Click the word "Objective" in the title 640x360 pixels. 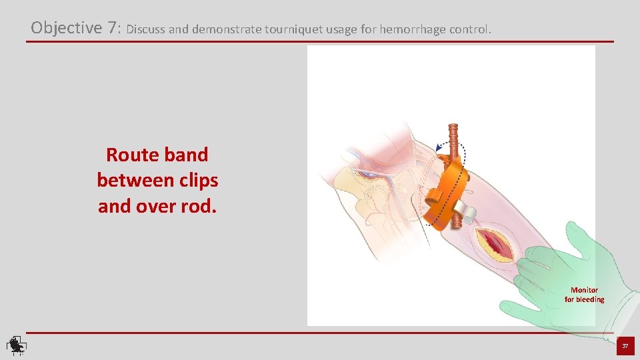coord(65,28)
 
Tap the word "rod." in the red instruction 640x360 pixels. coord(197,207)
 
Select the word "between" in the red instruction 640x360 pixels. coord(133,181)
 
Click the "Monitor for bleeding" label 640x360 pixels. coord(584,295)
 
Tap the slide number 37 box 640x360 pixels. coord(625,346)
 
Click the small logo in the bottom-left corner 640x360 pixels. coord(16,345)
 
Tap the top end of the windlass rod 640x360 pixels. coord(453,127)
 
